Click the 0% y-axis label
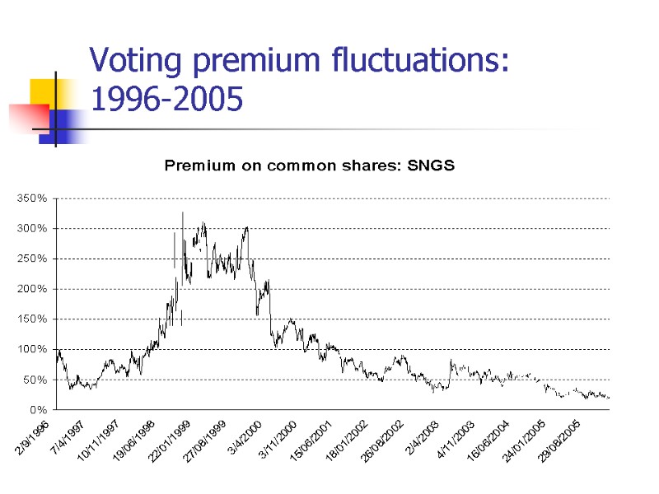(x=38, y=409)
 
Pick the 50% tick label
(x=35, y=380)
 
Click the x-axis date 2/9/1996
(x=31, y=437)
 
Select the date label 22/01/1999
(x=171, y=442)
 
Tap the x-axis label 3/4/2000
(x=245, y=437)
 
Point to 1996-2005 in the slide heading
(x=166, y=100)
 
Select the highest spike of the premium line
(x=182, y=213)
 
